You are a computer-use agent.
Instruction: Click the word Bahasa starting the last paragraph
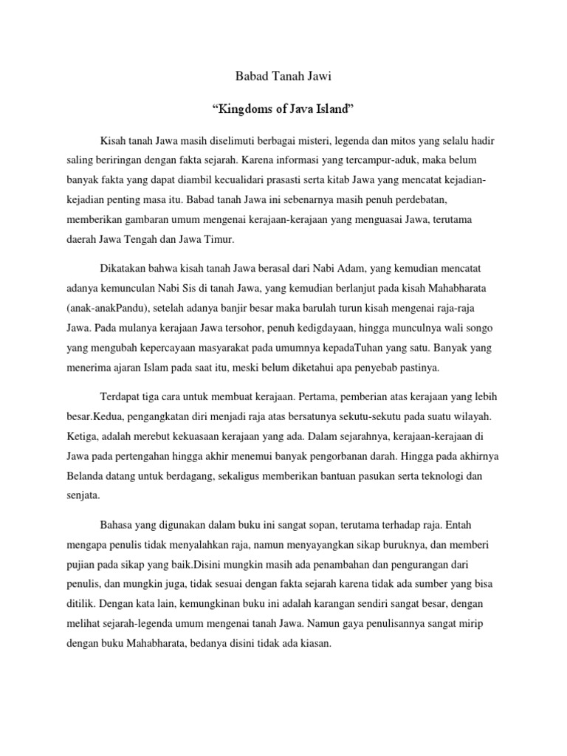116,527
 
